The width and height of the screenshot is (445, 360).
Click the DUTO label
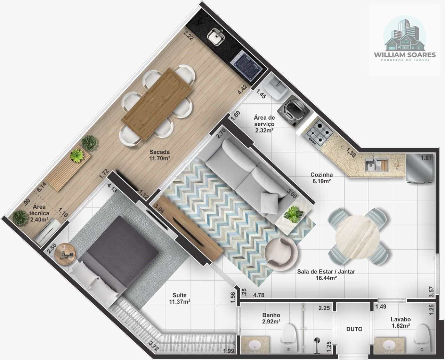click(x=354, y=329)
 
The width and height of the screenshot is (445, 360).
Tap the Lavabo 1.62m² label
click(x=400, y=322)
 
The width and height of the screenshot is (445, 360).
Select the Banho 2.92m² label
click(x=271, y=318)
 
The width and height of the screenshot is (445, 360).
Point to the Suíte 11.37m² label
click(x=179, y=298)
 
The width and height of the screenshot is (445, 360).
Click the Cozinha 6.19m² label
click(x=322, y=178)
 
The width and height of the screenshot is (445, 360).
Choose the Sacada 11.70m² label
click(x=160, y=155)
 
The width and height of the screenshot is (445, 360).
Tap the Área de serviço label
click(x=264, y=121)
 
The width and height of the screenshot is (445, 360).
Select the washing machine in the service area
click(x=293, y=112)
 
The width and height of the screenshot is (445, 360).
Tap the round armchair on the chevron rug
click(x=281, y=253)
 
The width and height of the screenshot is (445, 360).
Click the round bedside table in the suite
click(x=65, y=254)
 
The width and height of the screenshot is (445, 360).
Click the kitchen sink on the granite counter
click(x=377, y=165)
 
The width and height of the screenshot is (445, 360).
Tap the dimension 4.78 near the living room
click(x=259, y=295)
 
